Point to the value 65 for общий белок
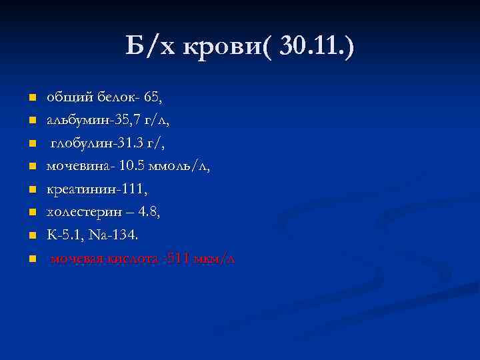click(154, 97)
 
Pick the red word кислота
click(133, 259)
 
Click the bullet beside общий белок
click(31, 98)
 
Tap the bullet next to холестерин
click(31, 213)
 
